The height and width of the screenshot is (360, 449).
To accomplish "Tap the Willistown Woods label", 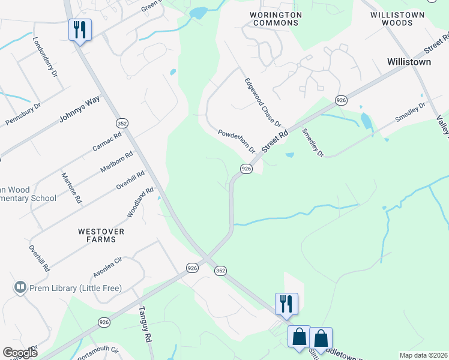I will [x=397, y=19].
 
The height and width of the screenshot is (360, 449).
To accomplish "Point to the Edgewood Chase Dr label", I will [x=262, y=103].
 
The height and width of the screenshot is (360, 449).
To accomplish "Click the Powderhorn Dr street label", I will [x=237, y=141].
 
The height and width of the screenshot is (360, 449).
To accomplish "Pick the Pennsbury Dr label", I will [x=23, y=114].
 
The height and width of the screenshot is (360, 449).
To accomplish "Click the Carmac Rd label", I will [x=107, y=142].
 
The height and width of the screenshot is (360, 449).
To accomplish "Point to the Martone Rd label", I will [x=71, y=188].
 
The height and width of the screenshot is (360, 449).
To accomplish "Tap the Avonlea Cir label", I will [x=107, y=267].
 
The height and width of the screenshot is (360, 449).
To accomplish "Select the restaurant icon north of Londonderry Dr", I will [x=80, y=29].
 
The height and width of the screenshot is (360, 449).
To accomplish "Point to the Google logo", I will [x=20, y=353].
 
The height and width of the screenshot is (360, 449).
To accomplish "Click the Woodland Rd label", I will [x=136, y=203].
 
